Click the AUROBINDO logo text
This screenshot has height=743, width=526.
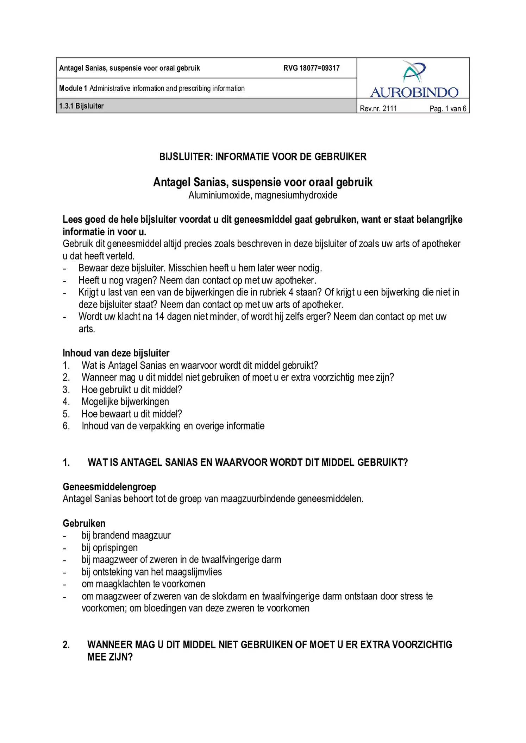pos(414,93)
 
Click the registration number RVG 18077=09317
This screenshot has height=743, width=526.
pos(311,68)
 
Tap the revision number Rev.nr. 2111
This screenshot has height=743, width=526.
pos(378,108)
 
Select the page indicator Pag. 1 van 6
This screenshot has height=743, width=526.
pos(447,108)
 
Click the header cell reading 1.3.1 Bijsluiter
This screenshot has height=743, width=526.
pos(81,106)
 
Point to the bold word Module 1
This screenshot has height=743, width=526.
pos(73,88)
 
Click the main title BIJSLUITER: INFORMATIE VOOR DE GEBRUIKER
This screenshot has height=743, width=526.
pos(263,157)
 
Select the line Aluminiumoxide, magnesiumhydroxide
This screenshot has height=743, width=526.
pos(263,195)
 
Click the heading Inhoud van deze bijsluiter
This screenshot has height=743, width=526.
pos(116,353)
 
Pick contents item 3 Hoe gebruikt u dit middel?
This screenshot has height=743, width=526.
pos(132,389)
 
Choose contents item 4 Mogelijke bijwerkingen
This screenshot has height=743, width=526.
pos(125,401)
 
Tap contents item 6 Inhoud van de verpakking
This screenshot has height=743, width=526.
pos(173,426)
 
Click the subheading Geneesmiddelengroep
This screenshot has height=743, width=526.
pos(109,487)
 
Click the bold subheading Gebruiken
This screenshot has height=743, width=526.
pos(84,523)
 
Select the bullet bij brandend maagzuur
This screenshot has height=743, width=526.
pos(126,535)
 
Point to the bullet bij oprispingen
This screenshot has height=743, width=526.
pos(109,547)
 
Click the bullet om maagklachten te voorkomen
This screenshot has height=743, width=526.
pos(143,584)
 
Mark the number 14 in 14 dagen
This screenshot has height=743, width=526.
pos(159,317)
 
